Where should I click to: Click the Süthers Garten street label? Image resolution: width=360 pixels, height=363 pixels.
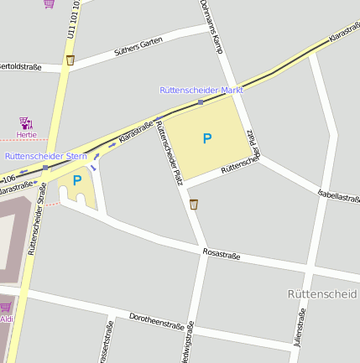click(139, 52)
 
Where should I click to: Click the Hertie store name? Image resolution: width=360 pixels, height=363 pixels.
click(26, 135)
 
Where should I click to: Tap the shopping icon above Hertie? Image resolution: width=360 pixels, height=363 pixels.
click(26, 123)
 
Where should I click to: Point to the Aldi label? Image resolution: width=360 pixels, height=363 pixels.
click(7, 319)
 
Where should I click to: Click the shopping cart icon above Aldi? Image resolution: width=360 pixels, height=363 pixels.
click(6, 308)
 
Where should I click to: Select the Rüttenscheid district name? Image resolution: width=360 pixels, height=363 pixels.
click(321, 294)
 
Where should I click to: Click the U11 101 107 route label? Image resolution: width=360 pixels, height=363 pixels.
click(73, 18)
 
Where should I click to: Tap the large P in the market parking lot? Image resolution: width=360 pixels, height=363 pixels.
click(207, 138)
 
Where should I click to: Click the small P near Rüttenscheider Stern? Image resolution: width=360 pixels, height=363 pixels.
click(77, 180)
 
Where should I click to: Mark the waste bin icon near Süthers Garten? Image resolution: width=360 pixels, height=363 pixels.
click(70, 60)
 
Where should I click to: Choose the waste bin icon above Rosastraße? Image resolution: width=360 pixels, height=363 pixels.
click(194, 204)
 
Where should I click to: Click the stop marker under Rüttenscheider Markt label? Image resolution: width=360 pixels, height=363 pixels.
click(201, 101)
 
